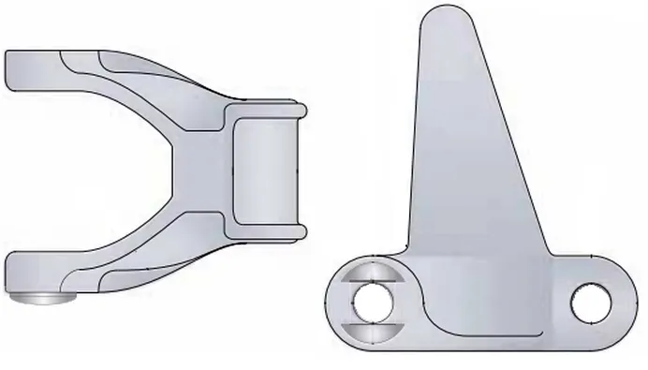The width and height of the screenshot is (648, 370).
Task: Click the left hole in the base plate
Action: click(372, 302)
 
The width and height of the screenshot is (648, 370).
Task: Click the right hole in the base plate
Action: click(591, 302)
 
